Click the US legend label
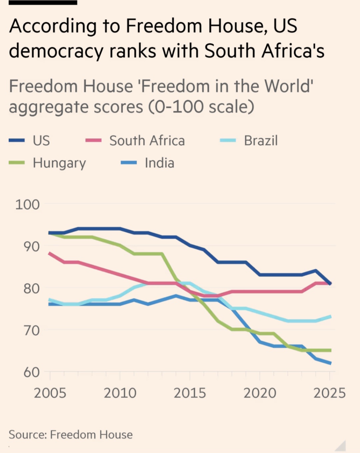click(x=41, y=140)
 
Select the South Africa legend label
click(x=147, y=140)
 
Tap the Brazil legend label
click(x=261, y=140)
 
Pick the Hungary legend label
click(x=59, y=163)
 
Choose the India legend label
click(x=159, y=163)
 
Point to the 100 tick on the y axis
click(x=27, y=204)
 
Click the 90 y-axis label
click(x=31, y=247)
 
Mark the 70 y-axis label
click(x=31, y=330)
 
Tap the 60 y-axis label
click(x=31, y=372)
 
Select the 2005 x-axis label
click(x=50, y=393)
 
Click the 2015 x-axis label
click(x=190, y=393)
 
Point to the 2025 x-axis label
click(x=329, y=393)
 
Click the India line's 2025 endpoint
click(x=330, y=363)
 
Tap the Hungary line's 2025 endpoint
click(x=330, y=350)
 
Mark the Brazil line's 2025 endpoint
click(x=330, y=316)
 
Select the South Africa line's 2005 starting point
click(x=50, y=254)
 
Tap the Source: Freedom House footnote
click(x=71, y=435)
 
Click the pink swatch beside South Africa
click(x=93, y=140)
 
